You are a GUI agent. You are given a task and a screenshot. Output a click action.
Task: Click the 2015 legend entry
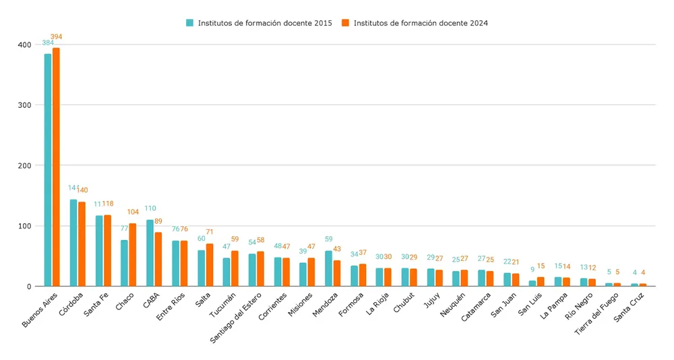tap(259, 23)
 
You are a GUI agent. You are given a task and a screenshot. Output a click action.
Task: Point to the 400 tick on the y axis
tap(24, 44)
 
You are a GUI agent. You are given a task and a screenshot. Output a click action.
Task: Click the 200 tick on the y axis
tap(24, 165)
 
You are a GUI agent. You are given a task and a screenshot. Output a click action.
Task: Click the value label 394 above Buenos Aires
tap(56, 37)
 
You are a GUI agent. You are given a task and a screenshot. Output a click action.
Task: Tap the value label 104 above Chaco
tap(133, 212)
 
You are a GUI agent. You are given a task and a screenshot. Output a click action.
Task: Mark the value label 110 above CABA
tap(150, 208)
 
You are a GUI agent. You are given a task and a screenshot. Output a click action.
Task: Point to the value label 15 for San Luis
tap(541, 266)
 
